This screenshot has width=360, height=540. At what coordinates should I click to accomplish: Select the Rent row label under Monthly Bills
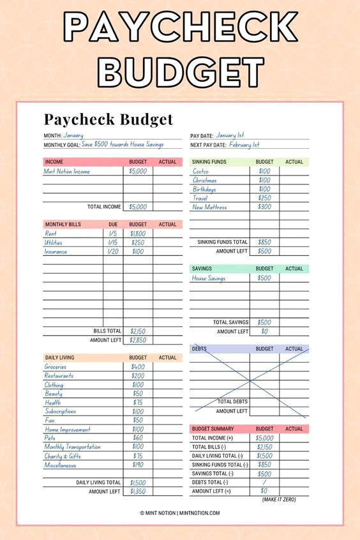pyautogui.click(x=50, y=234)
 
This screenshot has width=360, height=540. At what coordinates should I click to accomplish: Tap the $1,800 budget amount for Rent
pyautogui.click(x=138, y=234)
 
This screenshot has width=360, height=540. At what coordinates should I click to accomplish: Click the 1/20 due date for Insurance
pyautogui.click(x=113, y=251)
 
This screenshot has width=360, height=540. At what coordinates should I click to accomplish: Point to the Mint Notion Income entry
pyautogui.click(x=67, y=171)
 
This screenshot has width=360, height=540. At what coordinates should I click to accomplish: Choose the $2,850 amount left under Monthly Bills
pyautogui.click(x=138, y=340)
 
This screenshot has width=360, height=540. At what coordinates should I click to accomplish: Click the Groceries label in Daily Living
pyautogui.click(x=56, y=367)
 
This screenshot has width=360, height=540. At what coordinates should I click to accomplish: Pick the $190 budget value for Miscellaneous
pyautogui.click(x=138, y=465)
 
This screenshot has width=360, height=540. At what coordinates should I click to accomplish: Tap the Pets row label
pyautogui.click(x=50, y=438)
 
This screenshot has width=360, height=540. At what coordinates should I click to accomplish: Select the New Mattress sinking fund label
pyautogui.click(x=209, y=207)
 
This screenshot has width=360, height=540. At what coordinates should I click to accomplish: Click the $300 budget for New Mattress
pyautogui.click(x=264, y=207)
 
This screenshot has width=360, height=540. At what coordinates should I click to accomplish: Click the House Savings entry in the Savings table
pyautogui.click(x=209, y=278)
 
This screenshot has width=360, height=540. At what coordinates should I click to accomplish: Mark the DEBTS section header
pyautogui.click(x=200, y=349)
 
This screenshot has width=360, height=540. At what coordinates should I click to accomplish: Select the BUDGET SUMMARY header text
pyautogui.click(x=213, y=429)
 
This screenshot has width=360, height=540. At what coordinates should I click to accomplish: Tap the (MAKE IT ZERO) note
pyautogui.click(x=279, y=499)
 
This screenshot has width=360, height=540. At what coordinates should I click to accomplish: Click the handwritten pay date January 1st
pyautogui.click(x=230, y=135)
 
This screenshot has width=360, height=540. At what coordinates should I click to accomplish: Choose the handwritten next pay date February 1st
pyautogui.click(x=244, y=145)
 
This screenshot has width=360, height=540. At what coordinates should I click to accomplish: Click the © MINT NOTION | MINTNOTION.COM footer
pyautogui.click(x=180, y=513)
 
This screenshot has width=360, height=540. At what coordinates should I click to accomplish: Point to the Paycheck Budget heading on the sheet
pyautogui.click(x=108, y=119)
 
